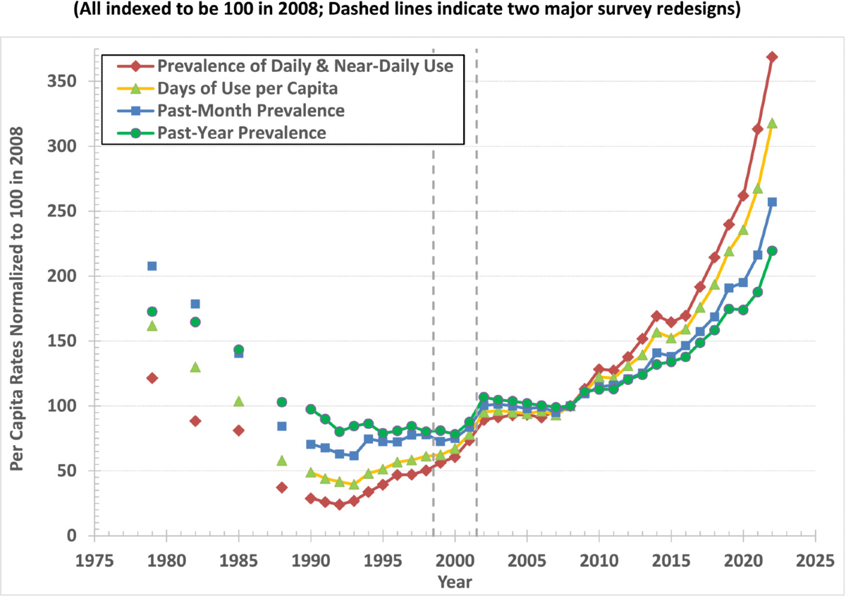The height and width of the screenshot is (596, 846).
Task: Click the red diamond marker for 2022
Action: [x=772, y=57]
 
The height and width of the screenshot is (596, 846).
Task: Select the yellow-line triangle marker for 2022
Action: [x=772, y=123]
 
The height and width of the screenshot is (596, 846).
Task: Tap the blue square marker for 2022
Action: [x=772, y=202]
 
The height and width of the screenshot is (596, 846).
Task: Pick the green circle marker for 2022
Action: [x=772, y=250]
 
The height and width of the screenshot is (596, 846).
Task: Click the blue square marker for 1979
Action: [x=152, y=266]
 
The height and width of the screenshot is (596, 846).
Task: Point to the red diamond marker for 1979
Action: [x=152, y=378]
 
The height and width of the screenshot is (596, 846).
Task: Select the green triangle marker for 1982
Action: [x=195, y=367]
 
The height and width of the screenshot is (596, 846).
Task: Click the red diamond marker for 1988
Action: [x=282, y=487]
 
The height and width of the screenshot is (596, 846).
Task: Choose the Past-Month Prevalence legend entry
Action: [x=251, y=111]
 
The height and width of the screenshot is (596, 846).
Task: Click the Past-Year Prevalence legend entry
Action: [x=242, y=133]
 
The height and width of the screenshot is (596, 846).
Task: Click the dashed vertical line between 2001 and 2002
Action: [x=477, y=282]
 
